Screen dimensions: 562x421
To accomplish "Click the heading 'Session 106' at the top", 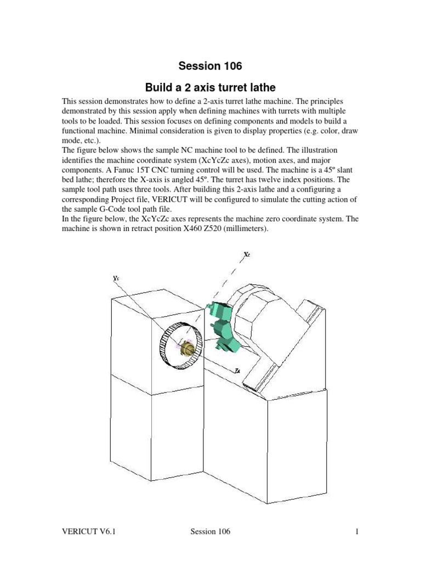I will pos(210,66).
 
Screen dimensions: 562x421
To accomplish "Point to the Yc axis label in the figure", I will pos(116,278).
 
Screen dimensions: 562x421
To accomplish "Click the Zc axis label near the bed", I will pos(237,371).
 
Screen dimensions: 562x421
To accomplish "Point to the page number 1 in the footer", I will pos(356,532).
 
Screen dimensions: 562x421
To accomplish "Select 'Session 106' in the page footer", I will pos(210,532).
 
